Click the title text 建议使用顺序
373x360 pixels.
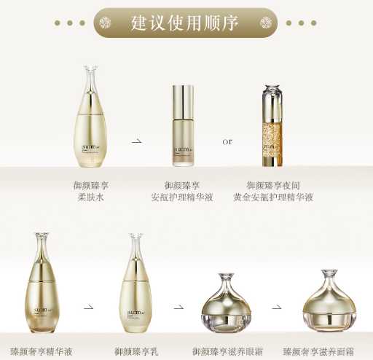185,23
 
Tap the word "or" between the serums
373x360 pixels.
227,141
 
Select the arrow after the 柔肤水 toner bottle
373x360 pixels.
136,141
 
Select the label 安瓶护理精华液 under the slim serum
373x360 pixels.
182,197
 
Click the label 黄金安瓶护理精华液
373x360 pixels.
273,197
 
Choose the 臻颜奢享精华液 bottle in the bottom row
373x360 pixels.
41,284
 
